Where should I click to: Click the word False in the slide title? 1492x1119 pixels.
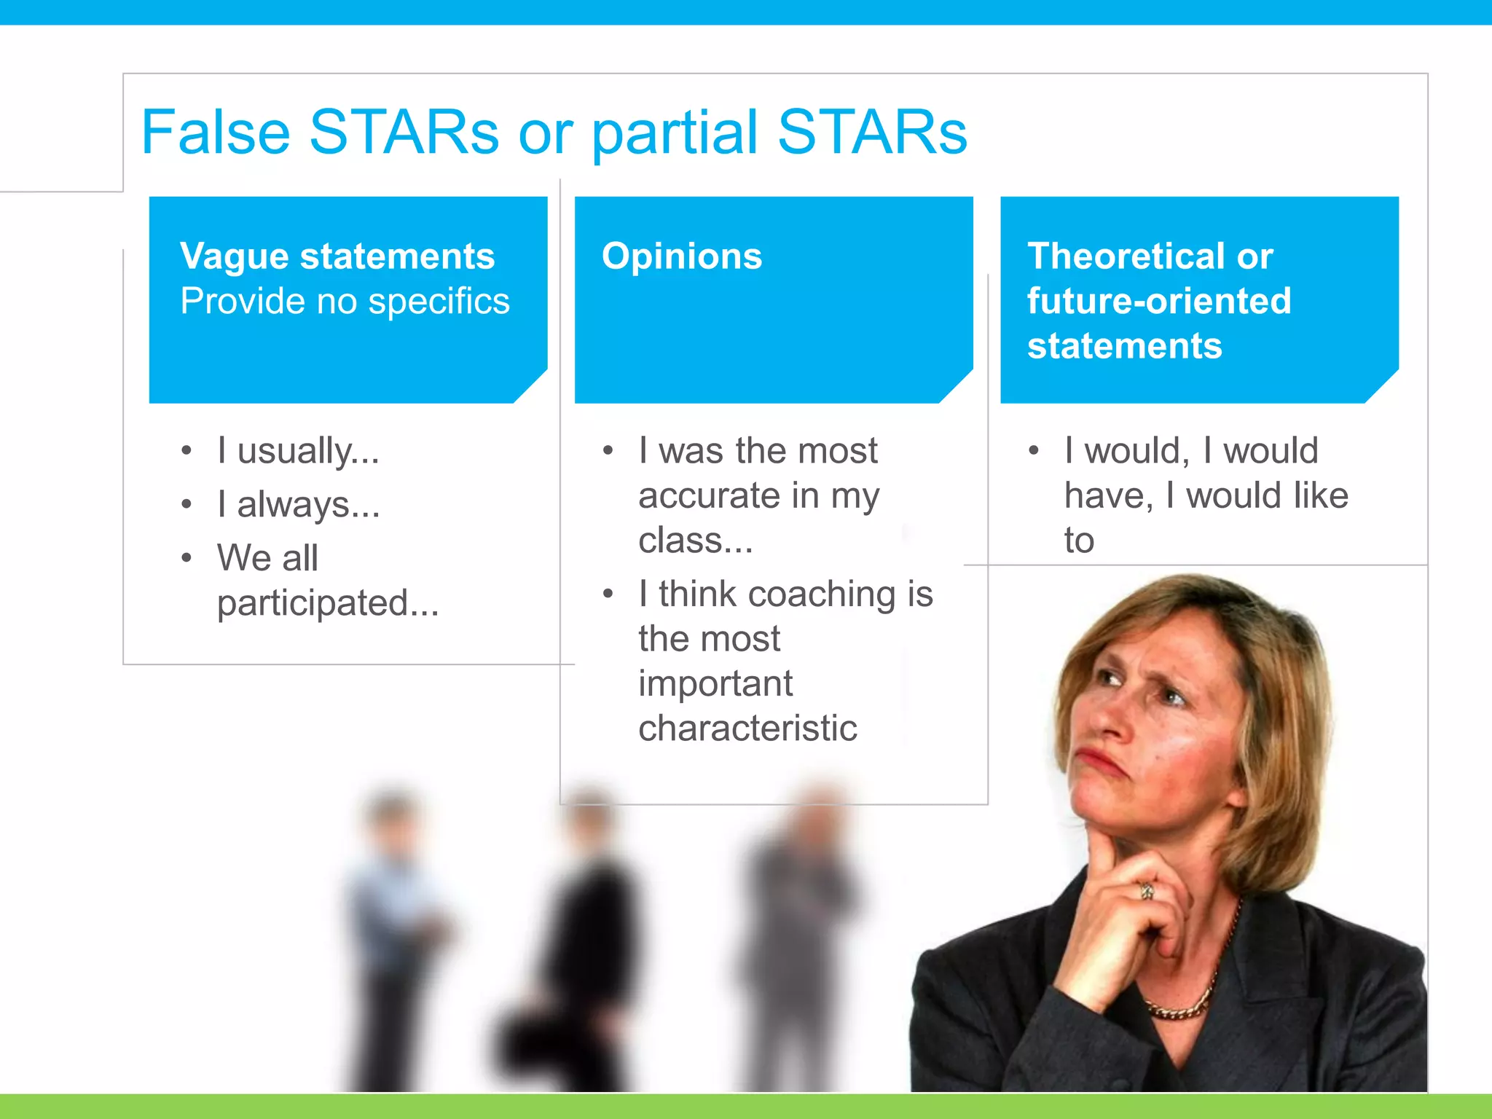(216, 133)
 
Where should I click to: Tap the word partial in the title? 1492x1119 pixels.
(674, 133)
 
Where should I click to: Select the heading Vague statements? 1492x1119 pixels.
(337, 256)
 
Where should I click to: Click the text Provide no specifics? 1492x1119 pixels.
(345, 302)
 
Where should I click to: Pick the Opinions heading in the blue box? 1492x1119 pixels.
(682, 256)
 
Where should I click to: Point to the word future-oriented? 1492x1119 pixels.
(1159, 301)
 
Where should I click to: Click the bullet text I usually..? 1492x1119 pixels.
(298, 451)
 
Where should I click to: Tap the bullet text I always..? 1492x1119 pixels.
(298, 505)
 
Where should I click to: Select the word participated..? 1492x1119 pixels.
(328, 603)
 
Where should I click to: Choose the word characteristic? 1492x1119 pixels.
(747, 729)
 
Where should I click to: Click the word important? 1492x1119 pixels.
(715, 684)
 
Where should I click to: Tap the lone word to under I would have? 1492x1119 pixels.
(1079, 541)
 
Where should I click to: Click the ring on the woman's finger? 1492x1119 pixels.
(1147, 890)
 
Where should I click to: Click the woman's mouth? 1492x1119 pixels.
(1102, 762)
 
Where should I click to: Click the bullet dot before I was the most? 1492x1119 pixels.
(608, 451)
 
